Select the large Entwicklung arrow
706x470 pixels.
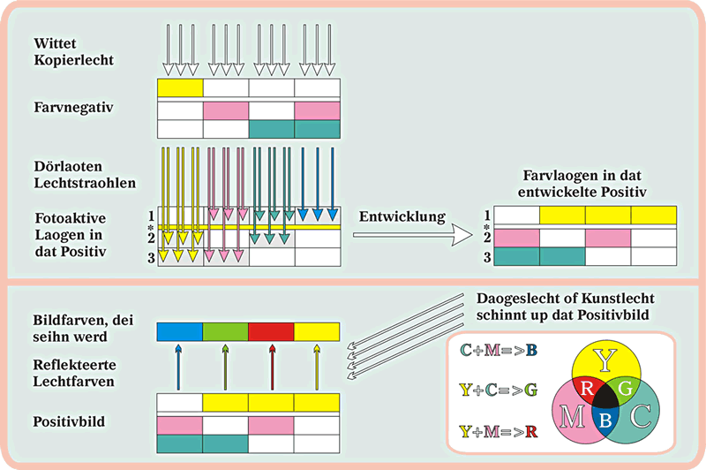click(x=415, y=236)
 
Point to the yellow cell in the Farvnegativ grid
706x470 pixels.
click(x=180, y=87)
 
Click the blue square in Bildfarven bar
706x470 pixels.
click(x=179, y=331)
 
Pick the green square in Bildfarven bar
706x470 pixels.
click(x=225, y=331)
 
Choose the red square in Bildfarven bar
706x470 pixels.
click(x=271, y=331)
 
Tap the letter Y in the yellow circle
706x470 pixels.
click(x=605, y=359)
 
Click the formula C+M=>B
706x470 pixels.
click(x=499, y=351)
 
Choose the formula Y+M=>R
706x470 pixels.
click(x=499, y=431)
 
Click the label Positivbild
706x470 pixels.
click(x=68, y=421)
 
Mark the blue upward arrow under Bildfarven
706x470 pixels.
click(x=179, y=366)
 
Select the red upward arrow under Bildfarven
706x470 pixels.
click(x=271, y=366)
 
